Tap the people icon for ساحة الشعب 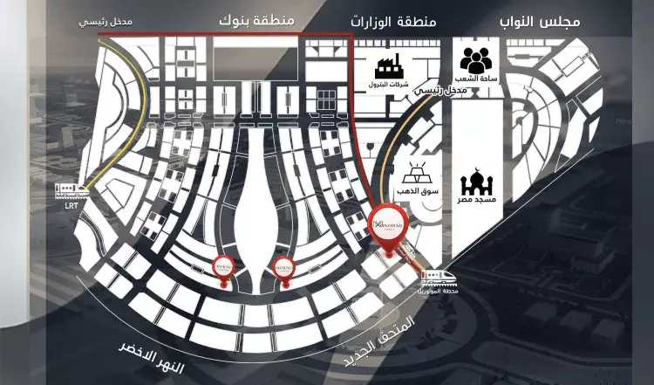[477, 61]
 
